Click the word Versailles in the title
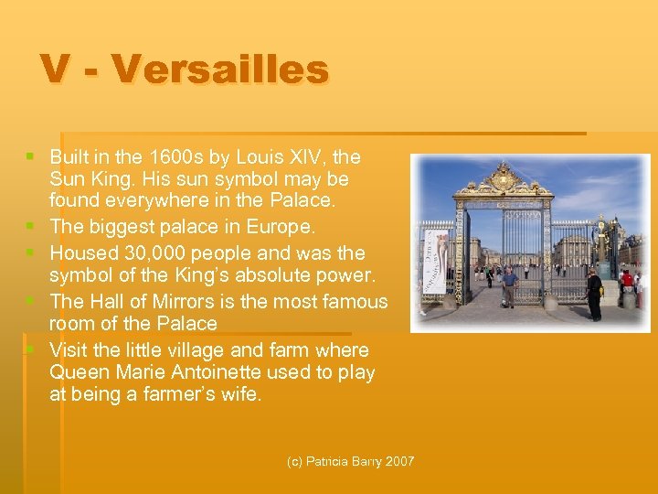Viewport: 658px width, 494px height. [x=222, y=70]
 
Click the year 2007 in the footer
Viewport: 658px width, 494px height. [x=398, y=462]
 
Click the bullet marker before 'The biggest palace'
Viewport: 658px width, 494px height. [x=33, y=226]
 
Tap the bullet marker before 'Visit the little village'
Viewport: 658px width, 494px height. [x=33, y=349]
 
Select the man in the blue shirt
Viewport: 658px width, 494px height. [x=509, y=285]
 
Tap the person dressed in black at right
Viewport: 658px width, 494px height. [x=595, y=293]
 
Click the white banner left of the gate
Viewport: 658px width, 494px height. [x=440, y=262]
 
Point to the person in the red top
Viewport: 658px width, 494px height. [x=627, y=279]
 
